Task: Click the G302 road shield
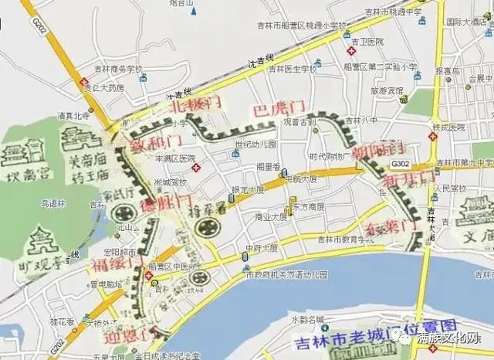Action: [x=401, y=163]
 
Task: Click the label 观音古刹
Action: [x=299, y=122]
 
